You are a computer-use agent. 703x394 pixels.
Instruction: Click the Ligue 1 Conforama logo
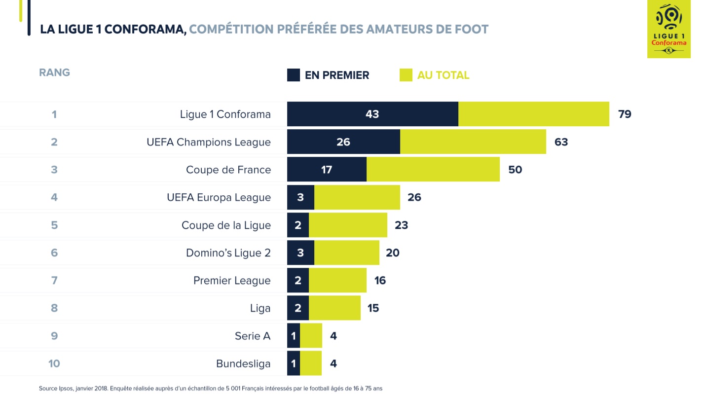(x=669, y=29)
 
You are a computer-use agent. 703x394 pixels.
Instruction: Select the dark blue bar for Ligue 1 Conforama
(x=372, y=114)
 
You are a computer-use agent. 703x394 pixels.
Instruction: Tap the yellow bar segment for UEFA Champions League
(x=473, y=142)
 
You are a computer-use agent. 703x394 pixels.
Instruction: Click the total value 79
(x=625, y=114)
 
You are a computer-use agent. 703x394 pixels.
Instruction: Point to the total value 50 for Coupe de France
(x=515, y=170)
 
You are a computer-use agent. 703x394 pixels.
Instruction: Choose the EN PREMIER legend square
(x=294, y=75)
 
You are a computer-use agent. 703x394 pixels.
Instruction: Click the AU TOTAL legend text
(x=443, y=75)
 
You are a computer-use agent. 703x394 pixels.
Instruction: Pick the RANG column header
(x=54, y=72)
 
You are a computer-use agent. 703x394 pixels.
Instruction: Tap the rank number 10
(x=54, y=364)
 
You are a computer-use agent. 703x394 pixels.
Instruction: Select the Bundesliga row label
(x=243, y=364)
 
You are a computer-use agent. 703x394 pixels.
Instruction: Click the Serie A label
(x=253, y=336)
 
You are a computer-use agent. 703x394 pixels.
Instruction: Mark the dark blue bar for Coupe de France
(x=327, y=170)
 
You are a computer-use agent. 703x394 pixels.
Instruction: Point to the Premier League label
(x=232, y=281)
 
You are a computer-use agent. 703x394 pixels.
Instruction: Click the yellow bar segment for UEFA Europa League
(x=357, y=197)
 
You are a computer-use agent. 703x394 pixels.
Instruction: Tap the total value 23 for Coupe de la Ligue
(x=401, y=225)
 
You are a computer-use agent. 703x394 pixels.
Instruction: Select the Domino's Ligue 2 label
(x=228, y=253)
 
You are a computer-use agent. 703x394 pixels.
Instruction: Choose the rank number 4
(x=54, y=197)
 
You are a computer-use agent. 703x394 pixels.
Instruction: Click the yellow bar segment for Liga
(x=334, y=308)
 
